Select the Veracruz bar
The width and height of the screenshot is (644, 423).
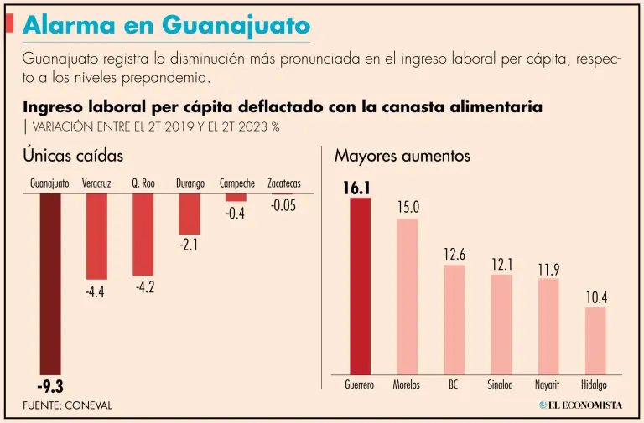point(96,236)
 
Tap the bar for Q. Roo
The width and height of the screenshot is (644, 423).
point(143,235)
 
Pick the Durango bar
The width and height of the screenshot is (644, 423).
point(190,214)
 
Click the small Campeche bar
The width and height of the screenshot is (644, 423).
point(236,198)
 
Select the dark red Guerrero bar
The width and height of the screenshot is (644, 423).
point(360,286)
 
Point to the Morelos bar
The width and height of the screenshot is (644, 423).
point(407,297)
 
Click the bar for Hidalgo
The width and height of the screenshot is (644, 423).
point(595,340)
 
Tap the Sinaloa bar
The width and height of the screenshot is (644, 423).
point(501,323)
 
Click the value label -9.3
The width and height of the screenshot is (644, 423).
point(50,386)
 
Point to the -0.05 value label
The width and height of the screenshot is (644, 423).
point(283,205)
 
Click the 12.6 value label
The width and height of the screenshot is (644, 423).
point(454,255)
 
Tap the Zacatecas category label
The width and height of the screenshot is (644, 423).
point(283,183)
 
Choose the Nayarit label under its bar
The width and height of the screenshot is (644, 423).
point(548,386)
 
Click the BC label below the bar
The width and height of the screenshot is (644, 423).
point(454,386)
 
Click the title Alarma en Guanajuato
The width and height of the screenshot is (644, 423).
point(166,25)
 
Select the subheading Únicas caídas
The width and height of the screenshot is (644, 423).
point(73,156)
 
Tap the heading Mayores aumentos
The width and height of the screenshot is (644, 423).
point(402,156)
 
